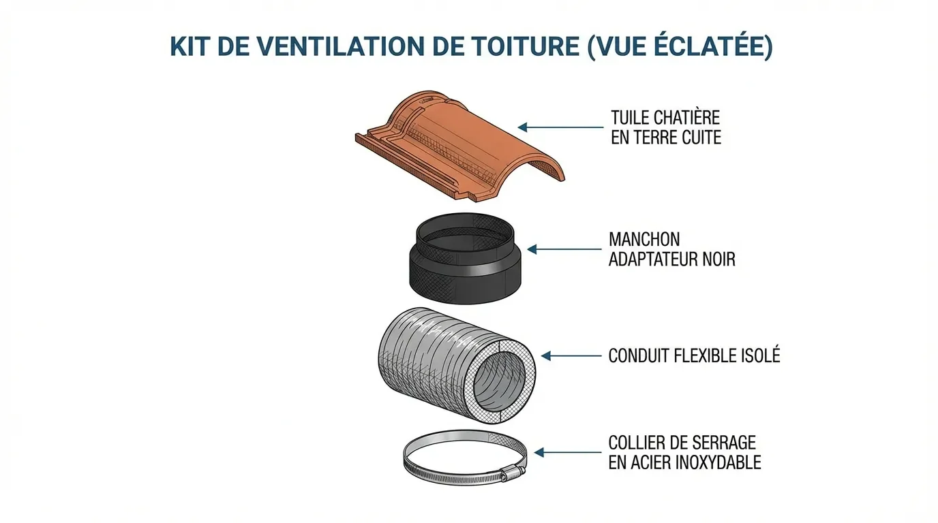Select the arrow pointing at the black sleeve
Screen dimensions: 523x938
[564, 250]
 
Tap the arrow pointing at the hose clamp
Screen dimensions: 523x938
[568, 452]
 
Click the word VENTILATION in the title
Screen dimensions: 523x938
[344, 47]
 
